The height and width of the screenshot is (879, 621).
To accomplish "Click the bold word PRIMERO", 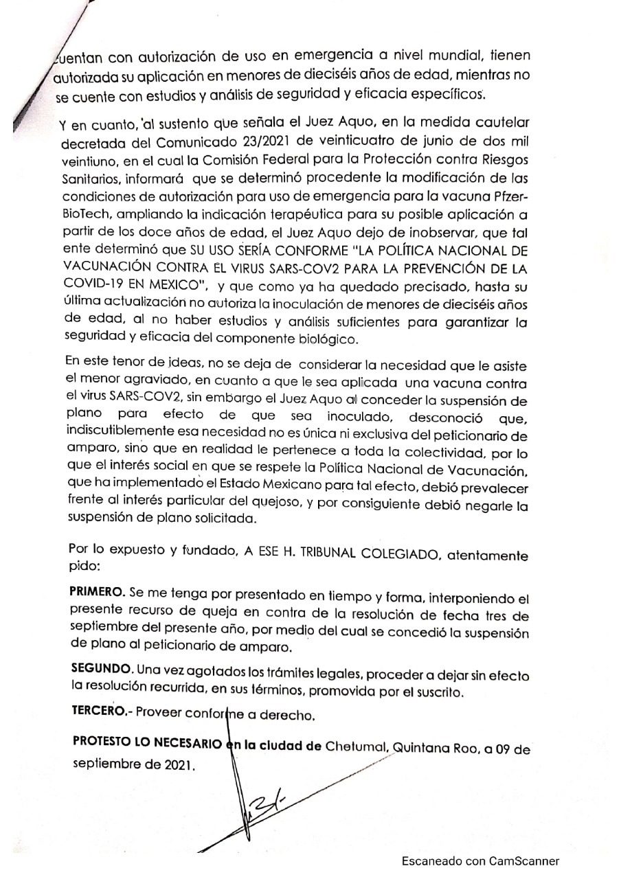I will pyautogui.click(x=95, y=591).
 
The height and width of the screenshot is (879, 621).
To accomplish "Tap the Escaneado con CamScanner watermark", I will pyautogui.click(x=480, y=860).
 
